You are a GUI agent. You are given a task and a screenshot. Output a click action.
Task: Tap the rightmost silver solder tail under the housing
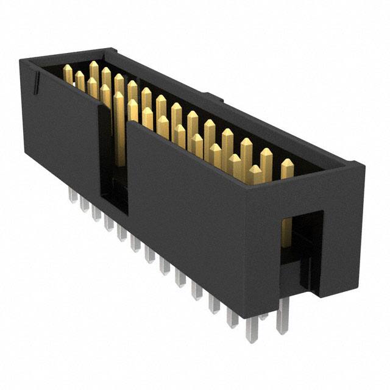(x=282, y=319)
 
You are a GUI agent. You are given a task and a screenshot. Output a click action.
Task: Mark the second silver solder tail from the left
(x=85, y=204)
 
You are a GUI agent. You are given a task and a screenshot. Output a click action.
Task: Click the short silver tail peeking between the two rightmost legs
(x=263, y=316)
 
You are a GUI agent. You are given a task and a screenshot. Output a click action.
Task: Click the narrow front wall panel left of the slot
(x=61, y=134)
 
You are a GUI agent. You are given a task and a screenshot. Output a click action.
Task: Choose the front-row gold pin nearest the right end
(x=254, y=174)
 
